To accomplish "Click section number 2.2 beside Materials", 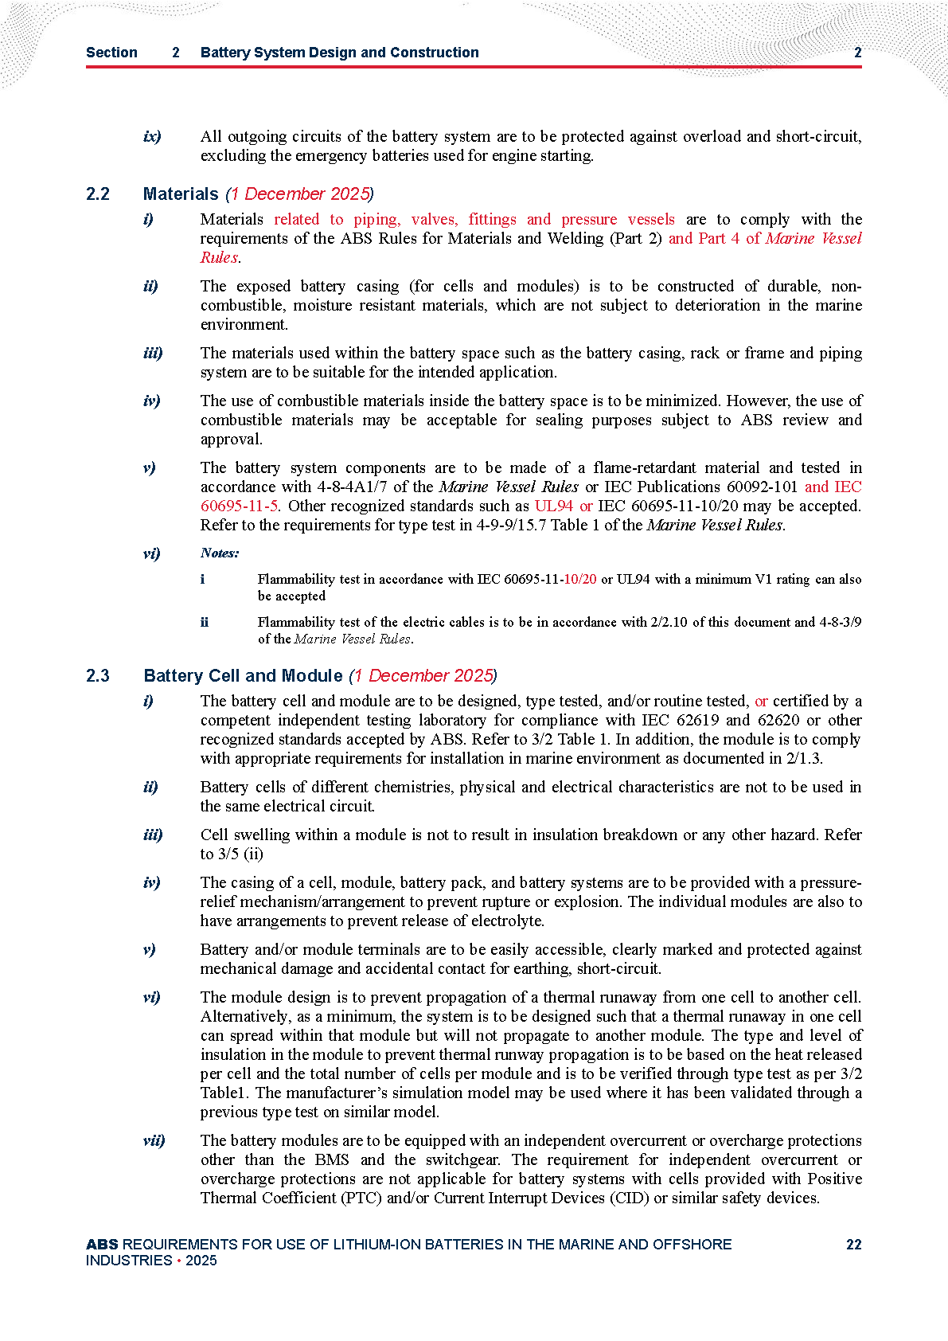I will [x=98, y=194].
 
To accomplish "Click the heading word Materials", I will [x=181, y=194].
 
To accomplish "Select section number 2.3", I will [x=98, y=676].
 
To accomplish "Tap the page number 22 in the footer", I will [x=853, y=1245].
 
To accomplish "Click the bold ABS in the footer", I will [x=102, y=1245].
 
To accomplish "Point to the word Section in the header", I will [x=111, y=53].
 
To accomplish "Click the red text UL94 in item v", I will [x=553, y=506].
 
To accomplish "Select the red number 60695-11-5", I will [x=239, y=506].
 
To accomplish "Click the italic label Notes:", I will [x=220, y=553].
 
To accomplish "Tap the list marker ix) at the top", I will [x=152, y=136].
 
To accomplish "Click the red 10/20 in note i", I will [x=579, y=579].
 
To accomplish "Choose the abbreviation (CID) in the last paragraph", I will [x=627, y=1198].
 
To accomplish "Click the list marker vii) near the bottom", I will [x=154, y=1140].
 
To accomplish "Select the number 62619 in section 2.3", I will [x=698, y=720].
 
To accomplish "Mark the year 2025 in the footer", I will [x=201, y=1261].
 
